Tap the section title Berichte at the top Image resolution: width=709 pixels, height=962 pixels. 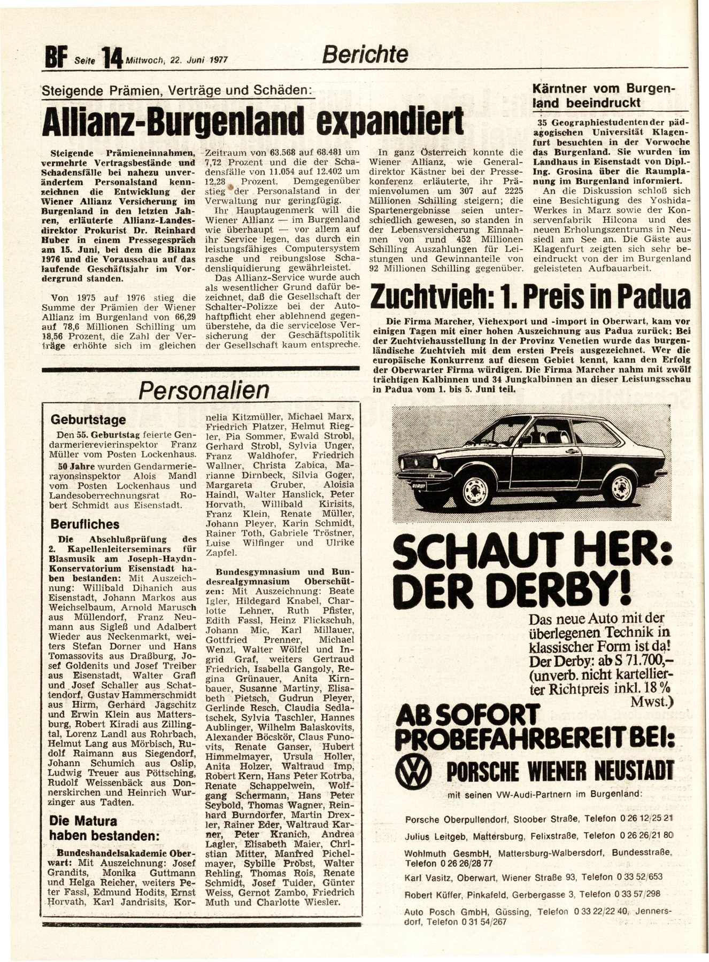(365, 54)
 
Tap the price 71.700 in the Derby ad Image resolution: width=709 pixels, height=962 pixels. (639, 661)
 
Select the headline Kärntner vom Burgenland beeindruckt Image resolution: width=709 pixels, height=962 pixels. (604, 96)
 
